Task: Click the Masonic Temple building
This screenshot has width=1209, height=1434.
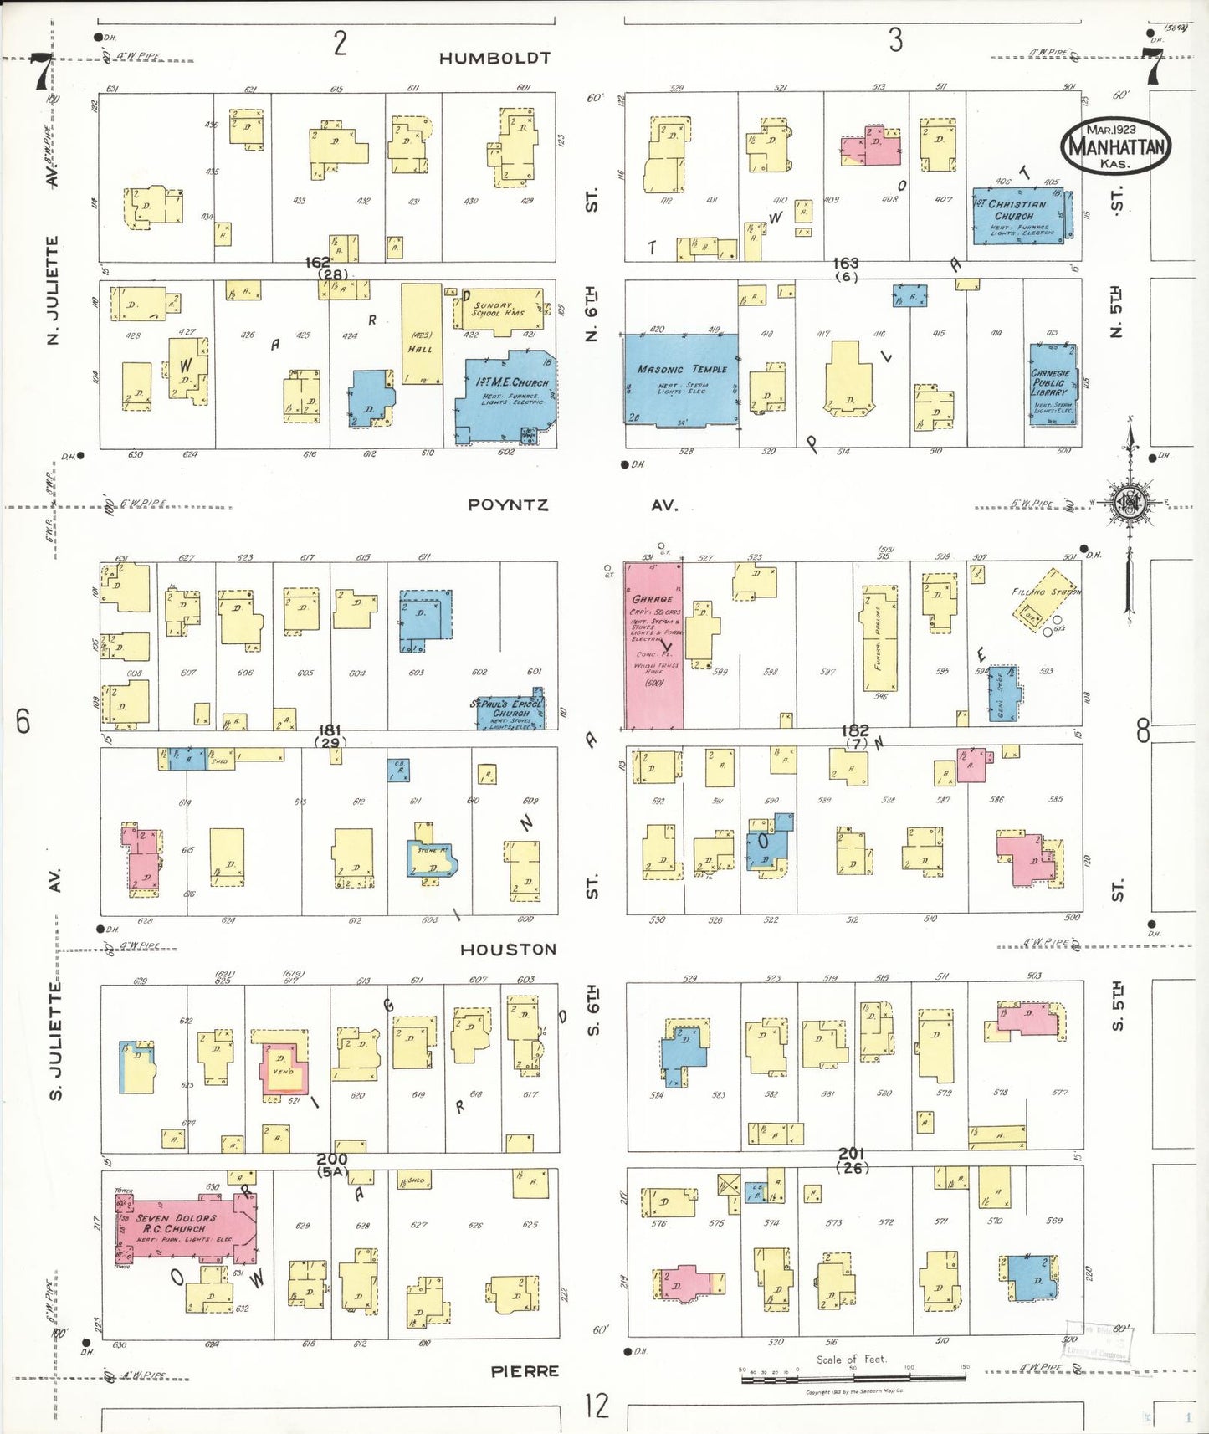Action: (x=681, y=380)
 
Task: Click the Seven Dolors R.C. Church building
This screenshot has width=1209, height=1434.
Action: (x=185, y=1228)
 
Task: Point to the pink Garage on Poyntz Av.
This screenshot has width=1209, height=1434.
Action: (x=653, y=644)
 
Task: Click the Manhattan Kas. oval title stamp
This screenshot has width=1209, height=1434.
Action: (x=1114, y=146)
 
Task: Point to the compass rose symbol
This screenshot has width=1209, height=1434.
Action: (x=1130, y=503)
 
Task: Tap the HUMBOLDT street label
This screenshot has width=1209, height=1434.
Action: (x=494, y=59)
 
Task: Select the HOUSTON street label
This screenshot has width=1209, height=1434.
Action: (x=508, y=950)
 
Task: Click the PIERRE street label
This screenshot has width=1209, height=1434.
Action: (x=524, y=1371)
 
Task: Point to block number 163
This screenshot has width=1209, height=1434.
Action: (x=846, y=264)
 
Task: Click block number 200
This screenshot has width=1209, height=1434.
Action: (x=331, y=1160)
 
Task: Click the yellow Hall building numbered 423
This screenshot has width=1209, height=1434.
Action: (x=421, y=333)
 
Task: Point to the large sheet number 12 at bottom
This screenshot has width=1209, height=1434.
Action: (x=597, y=1405)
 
